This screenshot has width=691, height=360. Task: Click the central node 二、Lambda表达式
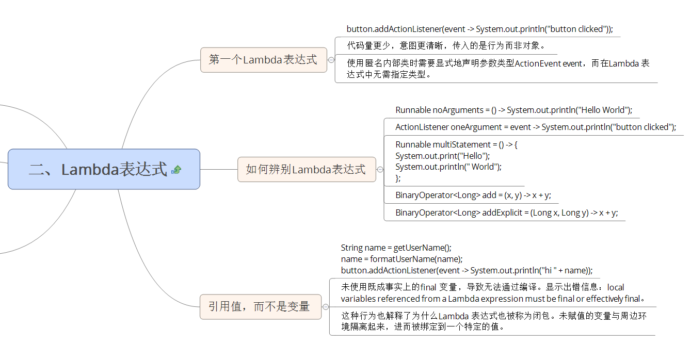98,169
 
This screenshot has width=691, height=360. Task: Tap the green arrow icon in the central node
176,169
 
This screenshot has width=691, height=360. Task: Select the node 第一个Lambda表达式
263,60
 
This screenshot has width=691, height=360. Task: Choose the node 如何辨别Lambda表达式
306,169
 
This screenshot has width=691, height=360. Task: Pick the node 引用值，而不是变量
260,306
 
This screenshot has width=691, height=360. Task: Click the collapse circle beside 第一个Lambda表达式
331,60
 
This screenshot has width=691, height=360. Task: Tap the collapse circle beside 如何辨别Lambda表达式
380,169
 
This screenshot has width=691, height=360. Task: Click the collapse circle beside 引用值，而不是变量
326,306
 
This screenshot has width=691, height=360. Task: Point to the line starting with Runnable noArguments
513,110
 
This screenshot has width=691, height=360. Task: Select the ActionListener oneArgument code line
535,127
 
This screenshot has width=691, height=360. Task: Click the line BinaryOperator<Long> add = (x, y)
473,195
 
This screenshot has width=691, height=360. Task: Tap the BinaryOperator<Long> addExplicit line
506,212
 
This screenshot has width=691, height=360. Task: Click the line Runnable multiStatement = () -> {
456,144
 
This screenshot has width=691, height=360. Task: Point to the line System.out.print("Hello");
443,156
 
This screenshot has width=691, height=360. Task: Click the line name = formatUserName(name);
401,259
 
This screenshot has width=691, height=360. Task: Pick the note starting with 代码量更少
446,45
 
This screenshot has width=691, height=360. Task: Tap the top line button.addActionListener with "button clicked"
479,29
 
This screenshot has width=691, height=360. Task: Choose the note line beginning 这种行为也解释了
493,316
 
